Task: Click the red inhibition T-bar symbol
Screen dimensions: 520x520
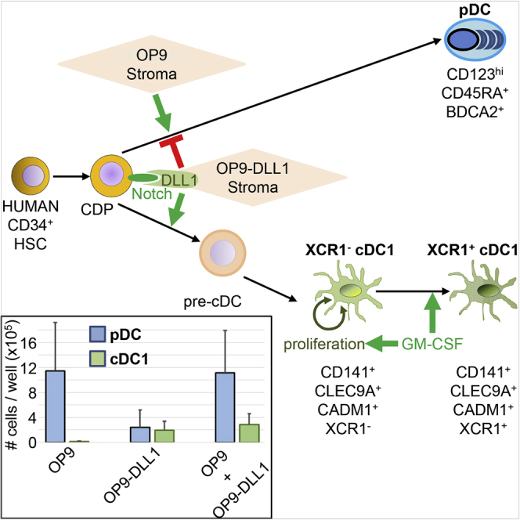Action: (175, 150)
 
